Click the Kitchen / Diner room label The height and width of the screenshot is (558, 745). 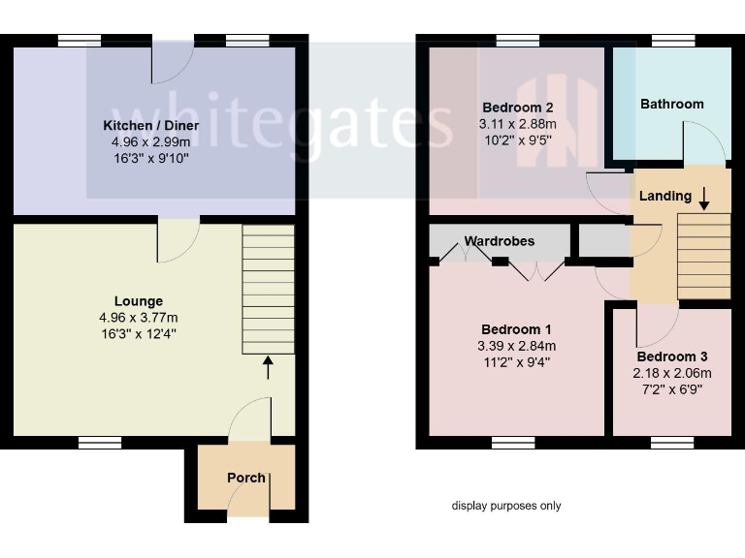[x=151, y=126]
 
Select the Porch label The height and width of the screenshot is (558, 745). [x=246, y=478]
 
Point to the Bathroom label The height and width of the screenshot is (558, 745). [x=671, y=104]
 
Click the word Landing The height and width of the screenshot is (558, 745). [x=664, y=196]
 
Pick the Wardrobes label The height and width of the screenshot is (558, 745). [x=499, y=241]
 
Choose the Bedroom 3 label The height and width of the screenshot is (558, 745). [x=672, y=356]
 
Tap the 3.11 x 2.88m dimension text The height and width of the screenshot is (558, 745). [x=517, y=124]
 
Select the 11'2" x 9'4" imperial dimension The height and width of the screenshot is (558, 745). [x=517, y=363]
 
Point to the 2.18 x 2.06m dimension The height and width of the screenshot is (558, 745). [x=672, y=373]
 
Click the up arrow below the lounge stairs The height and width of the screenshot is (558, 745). [x=268, y=367]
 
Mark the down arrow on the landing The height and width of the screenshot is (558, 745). [x=704, y=198]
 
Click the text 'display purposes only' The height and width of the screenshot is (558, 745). [x=505, y=506]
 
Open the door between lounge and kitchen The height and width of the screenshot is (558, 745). [x=178, y=237]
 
